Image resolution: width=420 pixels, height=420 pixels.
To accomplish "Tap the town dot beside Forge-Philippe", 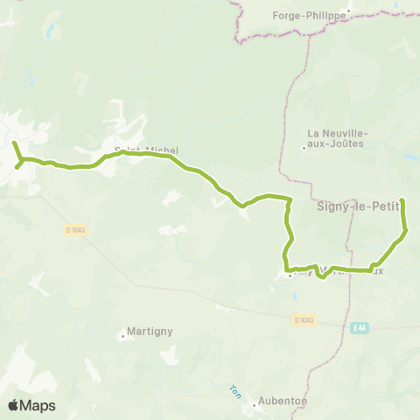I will point(347,13).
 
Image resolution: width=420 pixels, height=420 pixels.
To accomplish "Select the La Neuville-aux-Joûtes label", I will point(337,138).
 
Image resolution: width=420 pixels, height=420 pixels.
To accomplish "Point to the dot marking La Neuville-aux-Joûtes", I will point(304,147).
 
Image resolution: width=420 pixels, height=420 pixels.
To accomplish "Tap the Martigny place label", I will point(149,331).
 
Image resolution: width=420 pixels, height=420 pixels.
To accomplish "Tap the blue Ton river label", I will point(234,390).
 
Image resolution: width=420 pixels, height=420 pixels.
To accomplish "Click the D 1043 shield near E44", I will point(302,321).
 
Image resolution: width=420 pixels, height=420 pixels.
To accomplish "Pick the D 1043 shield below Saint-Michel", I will point(76,230).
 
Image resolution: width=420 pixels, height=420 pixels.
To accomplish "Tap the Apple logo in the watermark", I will point(13,405).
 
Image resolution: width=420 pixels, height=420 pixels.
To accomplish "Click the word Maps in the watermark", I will point(38,405).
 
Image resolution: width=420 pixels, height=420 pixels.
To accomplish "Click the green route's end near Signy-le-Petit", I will point(402,200).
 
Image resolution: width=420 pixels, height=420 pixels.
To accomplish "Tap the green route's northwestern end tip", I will point(14,143).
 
